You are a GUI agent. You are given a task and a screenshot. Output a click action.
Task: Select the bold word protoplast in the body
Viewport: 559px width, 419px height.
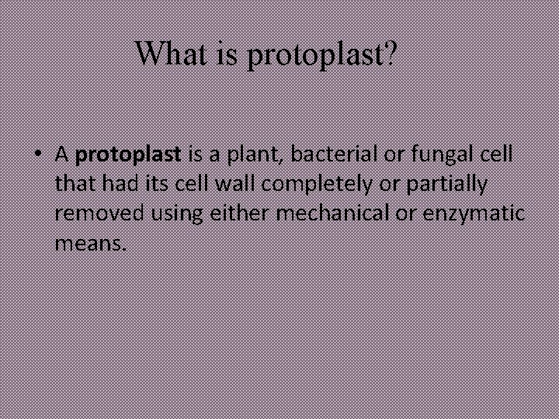(x=128, y=154)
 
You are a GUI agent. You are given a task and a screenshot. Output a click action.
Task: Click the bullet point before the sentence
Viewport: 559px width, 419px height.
(x=37, y=154)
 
